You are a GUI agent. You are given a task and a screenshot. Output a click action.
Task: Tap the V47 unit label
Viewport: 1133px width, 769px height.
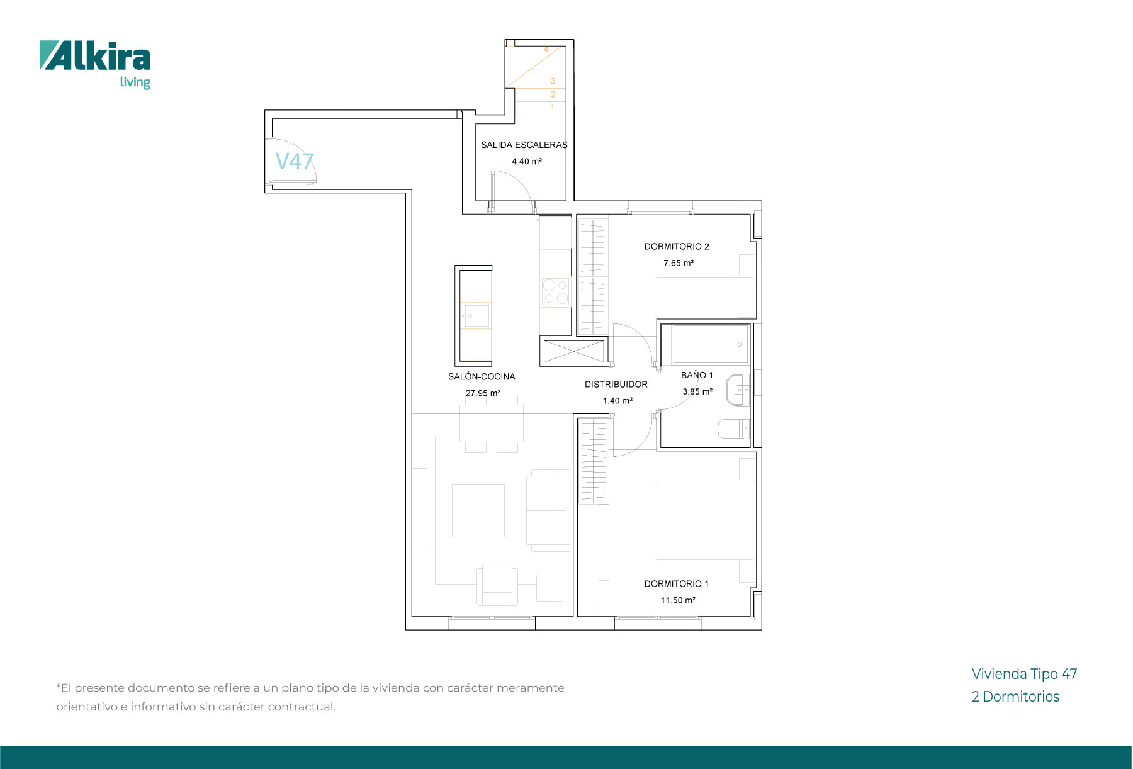click(x=295, y=162)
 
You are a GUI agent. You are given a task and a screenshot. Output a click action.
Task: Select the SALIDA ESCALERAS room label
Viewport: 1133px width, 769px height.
click(x=524, y=145)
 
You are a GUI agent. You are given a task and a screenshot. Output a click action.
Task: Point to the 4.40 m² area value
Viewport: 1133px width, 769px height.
click(x=527, y=162)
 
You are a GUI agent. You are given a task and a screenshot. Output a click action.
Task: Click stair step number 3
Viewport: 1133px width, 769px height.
click(x=553, y=81)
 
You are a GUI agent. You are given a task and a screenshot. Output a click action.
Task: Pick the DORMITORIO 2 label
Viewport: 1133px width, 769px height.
click(x=677, y=247)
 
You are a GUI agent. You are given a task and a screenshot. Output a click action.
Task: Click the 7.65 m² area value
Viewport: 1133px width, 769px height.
click(x=679, y=263)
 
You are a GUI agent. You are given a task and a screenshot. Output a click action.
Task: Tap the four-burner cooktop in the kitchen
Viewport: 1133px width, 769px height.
click(x=555, y=292)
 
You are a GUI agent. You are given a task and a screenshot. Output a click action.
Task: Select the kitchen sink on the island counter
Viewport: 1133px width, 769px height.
click(x=476, y=315)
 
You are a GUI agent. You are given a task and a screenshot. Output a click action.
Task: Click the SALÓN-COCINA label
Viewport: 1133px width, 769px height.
click(x=482, y=376)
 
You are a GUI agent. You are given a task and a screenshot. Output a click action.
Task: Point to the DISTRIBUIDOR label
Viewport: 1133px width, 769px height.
click(x=616, y=384)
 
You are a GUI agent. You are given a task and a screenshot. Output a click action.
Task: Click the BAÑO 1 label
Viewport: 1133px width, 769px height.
click(x=697, y=375)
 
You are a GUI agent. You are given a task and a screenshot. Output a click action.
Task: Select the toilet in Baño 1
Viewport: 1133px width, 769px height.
click(x=734, y=429)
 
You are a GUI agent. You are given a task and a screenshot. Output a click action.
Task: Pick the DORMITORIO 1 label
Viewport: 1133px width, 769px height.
click(x=677, y=584)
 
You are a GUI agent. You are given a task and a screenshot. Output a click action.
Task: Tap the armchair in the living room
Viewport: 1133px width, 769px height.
click(x=497, y=584)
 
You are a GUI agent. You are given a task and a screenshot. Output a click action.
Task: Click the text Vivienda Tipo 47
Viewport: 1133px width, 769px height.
click(x=1025, y=674)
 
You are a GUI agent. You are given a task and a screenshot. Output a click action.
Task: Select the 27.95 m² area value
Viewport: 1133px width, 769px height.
click(x=483, y=393)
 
